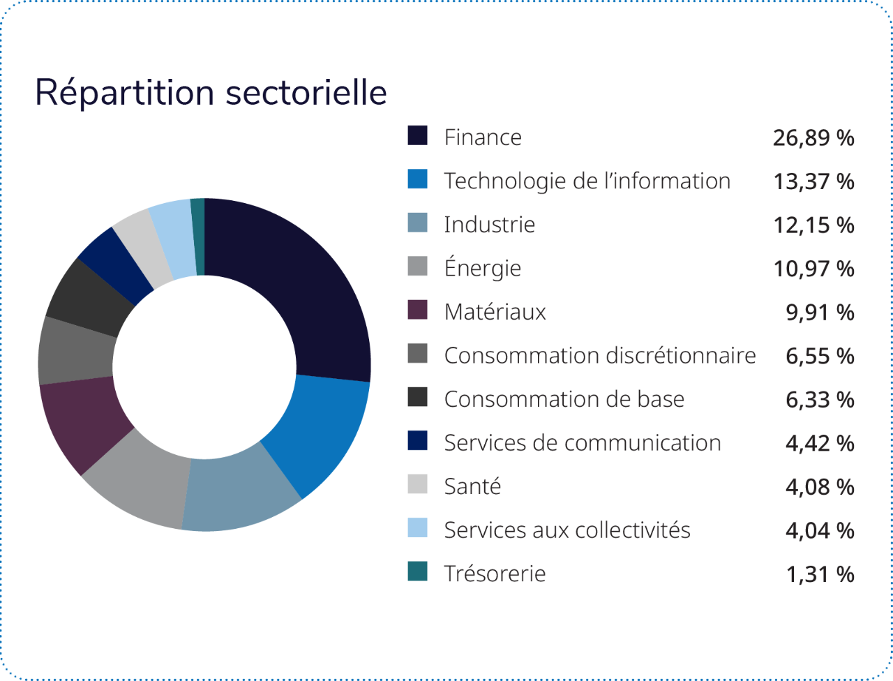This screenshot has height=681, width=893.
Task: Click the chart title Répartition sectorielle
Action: coord(211,93)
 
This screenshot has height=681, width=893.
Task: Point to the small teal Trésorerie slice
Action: coord(198,236)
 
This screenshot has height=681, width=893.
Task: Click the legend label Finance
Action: coord(483,137)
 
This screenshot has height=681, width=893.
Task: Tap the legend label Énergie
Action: coord(483,268)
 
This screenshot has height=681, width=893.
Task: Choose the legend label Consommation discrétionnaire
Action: coord(600,355)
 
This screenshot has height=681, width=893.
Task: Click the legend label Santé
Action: coord(472,486)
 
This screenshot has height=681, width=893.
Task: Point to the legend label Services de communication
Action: coord(583,442)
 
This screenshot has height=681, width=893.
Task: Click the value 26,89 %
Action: coord(813,138)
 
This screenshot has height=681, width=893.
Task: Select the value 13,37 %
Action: coord(813,181)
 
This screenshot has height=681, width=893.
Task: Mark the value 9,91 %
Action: coord(820,312)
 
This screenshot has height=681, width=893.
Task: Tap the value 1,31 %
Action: coord(820,574)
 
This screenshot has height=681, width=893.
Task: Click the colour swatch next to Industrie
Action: coord(417,223)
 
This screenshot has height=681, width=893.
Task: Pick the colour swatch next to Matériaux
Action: coord(417,310)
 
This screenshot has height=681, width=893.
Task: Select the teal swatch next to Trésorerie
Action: coord(417,572)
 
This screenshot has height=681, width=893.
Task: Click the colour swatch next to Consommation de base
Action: coord(417,398)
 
